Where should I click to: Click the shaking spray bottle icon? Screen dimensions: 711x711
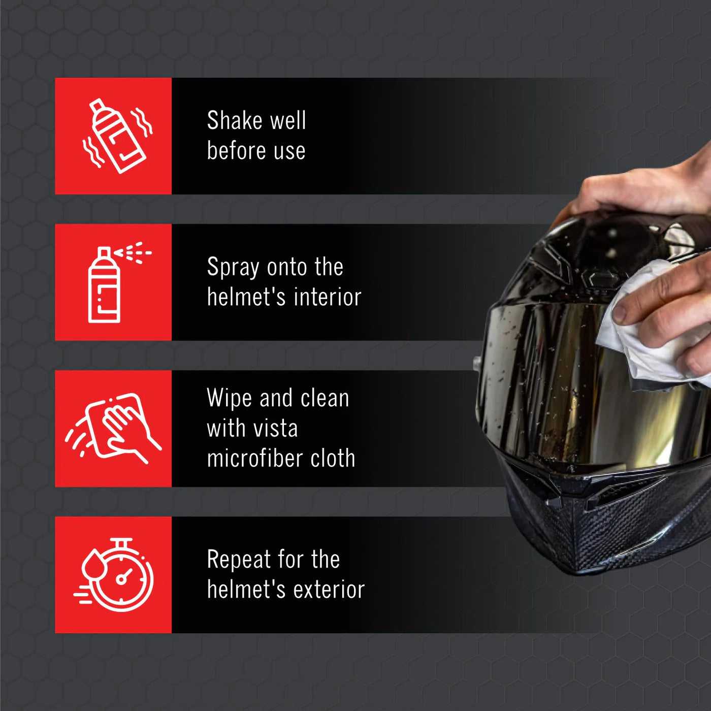[117, 136]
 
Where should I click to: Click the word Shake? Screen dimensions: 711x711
[235, 120]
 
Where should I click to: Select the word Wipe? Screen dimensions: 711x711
[229, 398]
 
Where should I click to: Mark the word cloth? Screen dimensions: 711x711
[333, 458]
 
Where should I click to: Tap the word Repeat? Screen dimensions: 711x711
[239, 560]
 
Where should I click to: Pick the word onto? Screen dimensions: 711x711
[285, 267]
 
